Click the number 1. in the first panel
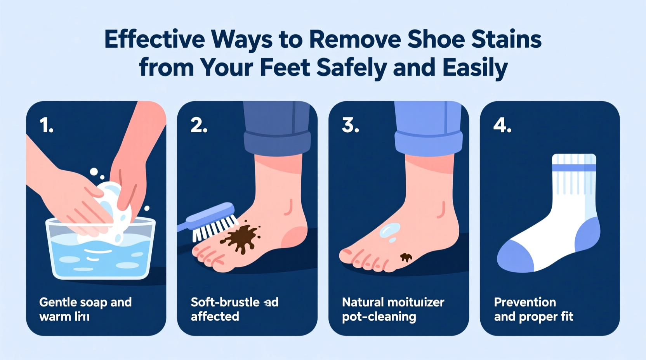tap(47, 126)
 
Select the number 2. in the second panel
tap(199, 126)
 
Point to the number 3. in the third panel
tap(350, 126)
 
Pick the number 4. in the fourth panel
tap(502, 126)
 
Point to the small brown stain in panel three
tap(406, 257)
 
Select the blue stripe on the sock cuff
tap(574, 168)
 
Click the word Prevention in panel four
tap(525, 302)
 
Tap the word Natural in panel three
tap(362, 302)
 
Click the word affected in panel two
tap(215, 317)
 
